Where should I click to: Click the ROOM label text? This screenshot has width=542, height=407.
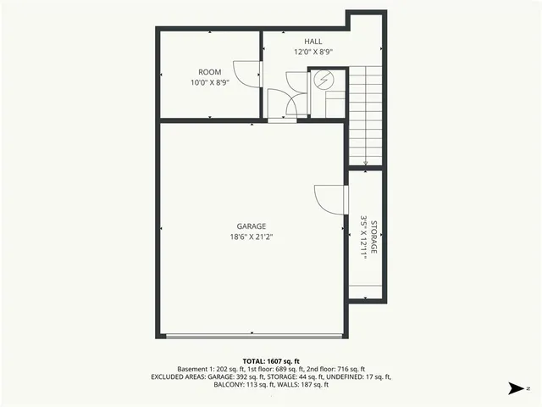(x=210, y=72)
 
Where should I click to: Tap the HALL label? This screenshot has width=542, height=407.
(x=313, y=41)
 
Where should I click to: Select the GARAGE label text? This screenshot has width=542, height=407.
(x=252, y=226)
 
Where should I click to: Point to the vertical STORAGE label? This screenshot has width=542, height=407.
(x=373, y=240)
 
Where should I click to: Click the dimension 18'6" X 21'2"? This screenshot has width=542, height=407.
(x=252, y=237)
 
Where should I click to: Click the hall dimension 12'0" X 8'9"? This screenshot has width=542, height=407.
(x=313, y=51)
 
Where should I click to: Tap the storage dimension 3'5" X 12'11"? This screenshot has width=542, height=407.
(x=363, y=240)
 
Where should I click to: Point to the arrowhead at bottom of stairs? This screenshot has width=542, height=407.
(x=366, y=164)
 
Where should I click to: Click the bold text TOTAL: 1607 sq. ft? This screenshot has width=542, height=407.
(x=271, y=360)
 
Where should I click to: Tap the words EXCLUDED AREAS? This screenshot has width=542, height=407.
(x=179, y=376)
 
